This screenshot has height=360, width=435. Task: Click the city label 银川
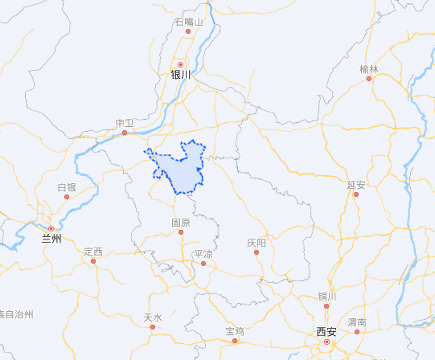coord(181,75)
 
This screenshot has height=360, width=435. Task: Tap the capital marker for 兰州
coord(51,228)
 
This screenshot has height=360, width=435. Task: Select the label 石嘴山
coord(189,22)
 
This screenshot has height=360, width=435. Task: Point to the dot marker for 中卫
coord(125,133)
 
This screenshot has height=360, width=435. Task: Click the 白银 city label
coord(67,187)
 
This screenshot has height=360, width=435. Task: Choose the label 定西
coord(93,252)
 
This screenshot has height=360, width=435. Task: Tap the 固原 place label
coord(181,222)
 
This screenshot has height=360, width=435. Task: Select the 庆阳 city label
coord(256,242)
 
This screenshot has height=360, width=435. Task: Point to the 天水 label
coord(153,317)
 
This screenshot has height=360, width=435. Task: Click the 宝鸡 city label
coord(235,330)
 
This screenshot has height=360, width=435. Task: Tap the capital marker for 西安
coord(326,342)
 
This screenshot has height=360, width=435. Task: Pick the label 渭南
coord(357,321)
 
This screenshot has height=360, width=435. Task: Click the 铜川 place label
coord(326,296)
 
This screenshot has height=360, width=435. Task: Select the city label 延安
coord(356,184)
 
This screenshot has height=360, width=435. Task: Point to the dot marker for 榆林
coord(369,79)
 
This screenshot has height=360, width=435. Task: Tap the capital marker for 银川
coord(181,64)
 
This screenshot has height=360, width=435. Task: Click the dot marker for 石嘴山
coord(189,32)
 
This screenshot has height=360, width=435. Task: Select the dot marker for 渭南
coord(357,331)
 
